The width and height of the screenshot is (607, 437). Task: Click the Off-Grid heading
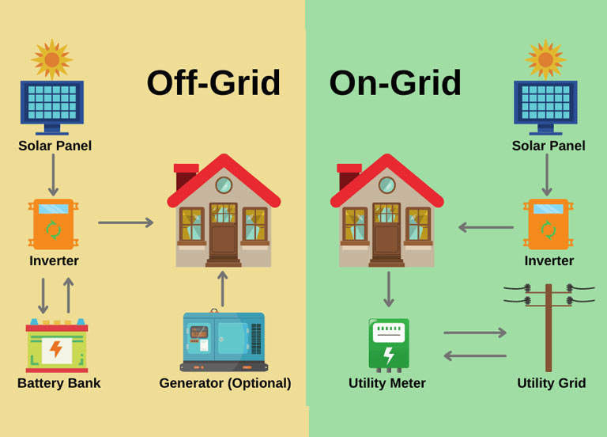213,82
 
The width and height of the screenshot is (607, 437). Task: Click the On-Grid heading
395,82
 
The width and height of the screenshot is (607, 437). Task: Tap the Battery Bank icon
57,345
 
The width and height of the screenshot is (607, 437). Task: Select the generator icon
224,341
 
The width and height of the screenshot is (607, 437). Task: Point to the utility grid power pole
549,325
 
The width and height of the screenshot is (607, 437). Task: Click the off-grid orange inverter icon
53,224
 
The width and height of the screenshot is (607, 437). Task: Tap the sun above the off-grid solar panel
52,59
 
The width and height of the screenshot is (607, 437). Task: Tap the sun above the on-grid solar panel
545,59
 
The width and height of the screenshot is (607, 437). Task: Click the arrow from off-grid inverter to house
126,222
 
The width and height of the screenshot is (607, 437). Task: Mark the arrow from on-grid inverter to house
485,227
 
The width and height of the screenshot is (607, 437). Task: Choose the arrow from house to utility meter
388,290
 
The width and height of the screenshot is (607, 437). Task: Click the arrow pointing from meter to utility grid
475,332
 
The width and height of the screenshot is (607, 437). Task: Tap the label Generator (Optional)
225,383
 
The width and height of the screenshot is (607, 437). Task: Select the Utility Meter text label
387,383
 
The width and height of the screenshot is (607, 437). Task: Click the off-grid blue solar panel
52,103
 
